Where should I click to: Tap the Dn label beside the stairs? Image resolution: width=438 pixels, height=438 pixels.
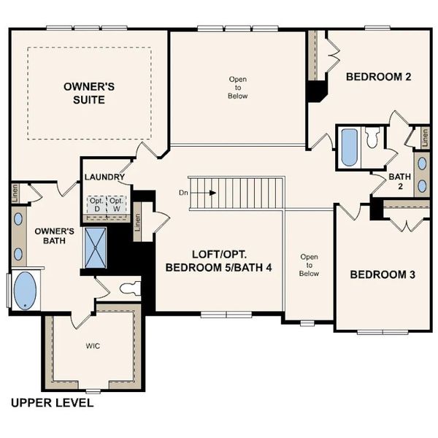(x=182, y=193)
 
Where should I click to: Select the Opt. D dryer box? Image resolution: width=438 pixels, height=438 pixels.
(x=96, y=204)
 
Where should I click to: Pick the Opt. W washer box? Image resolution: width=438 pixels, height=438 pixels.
(x=116, y=204)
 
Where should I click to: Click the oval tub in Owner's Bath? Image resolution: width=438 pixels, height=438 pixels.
(x=26, y=290)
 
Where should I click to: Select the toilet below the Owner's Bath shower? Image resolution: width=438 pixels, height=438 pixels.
(x=130, y=288)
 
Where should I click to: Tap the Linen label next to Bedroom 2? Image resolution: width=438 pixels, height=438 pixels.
(x=422, y=137)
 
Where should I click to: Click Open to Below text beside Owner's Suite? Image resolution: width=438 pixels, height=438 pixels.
(x=238, y=87)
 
